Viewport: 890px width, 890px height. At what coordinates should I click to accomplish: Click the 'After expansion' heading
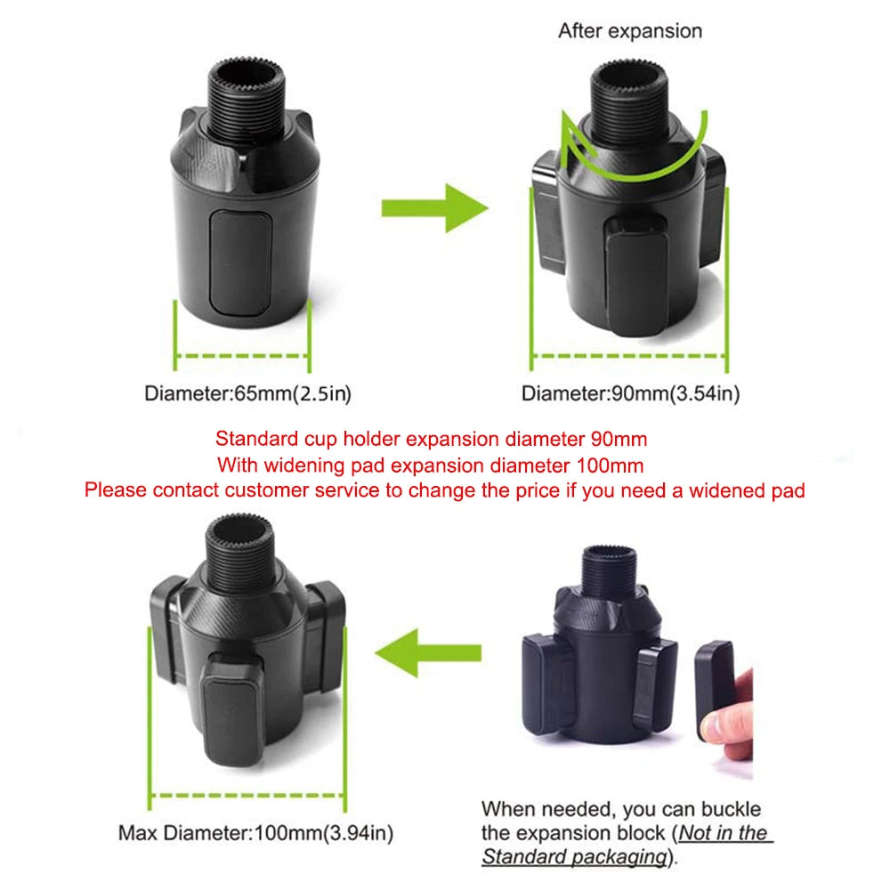[629, 31]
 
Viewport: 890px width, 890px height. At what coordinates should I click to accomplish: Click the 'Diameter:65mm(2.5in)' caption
[241, 392]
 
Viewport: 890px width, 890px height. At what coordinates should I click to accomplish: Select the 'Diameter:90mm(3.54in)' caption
[630, 392]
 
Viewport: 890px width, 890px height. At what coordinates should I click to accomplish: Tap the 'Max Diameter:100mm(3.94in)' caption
[255, 834]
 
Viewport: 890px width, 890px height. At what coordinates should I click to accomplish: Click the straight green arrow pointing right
[433, 208]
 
